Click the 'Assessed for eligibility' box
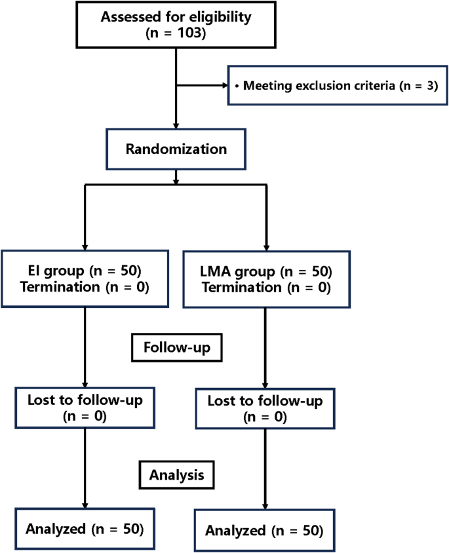(175, 24)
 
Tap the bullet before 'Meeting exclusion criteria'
(236, 86)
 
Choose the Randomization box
(176, 149)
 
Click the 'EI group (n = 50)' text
(85, 271)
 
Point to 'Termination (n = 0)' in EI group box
(85, 287)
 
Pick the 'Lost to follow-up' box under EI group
(85, 406)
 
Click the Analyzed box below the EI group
(85, 527)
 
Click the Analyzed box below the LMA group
(264, 529)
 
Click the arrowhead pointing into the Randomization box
(176, 125)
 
